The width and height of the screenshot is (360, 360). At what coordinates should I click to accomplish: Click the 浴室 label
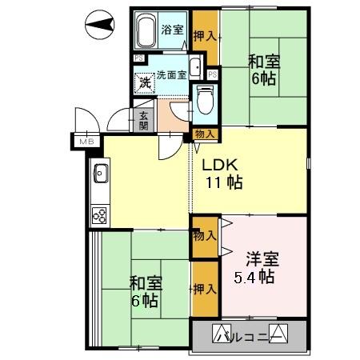click(x=173, y=30)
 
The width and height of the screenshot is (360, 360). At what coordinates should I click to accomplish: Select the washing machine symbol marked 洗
click(x=145, y=82)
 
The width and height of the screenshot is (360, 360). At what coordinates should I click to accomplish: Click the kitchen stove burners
click(x=101, y=214)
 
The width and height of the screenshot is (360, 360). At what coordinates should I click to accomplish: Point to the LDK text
click(x=219, y=166)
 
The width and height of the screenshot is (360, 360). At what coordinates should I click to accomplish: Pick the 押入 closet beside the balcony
click(x=204, y=289)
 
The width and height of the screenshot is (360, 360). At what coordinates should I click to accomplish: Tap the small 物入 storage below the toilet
click(x=204, y=134)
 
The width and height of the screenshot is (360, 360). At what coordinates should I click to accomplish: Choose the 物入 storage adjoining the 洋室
click(x=203, y=235)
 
